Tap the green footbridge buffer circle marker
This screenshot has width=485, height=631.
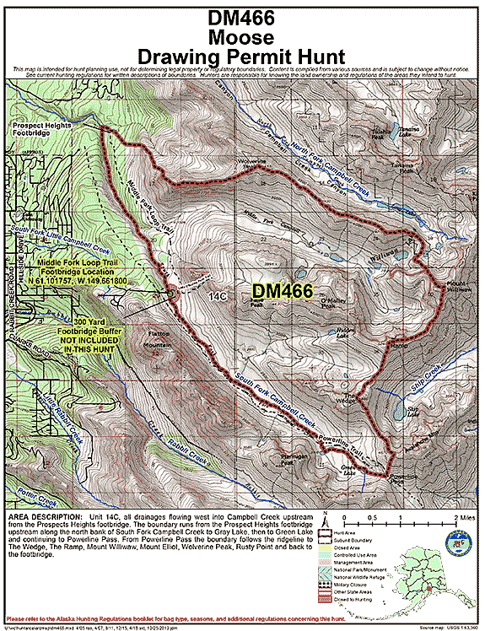pos(171,293)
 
